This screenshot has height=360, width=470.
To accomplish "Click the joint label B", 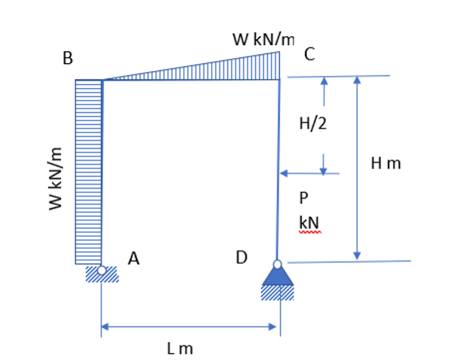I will coord(68,59).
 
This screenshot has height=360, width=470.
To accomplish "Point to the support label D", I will coord(241,257).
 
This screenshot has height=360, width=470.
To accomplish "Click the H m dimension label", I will coord(385,162).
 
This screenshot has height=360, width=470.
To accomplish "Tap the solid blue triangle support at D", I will coord(277,276).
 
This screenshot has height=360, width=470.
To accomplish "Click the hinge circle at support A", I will coord(102,270).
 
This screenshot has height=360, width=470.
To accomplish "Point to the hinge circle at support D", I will coord(277,263).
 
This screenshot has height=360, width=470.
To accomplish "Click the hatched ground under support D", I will coord(277,293).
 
